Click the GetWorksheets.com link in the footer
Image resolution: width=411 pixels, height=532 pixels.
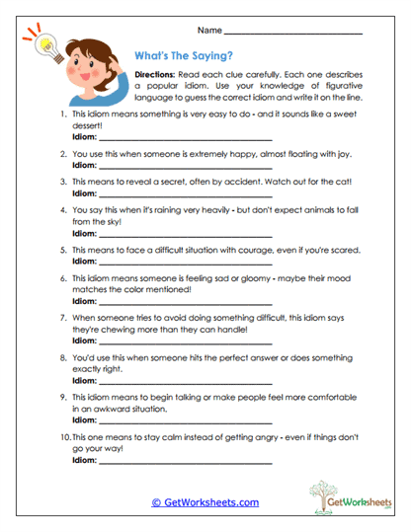(205, 502)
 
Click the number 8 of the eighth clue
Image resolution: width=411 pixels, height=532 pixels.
(63, 357)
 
